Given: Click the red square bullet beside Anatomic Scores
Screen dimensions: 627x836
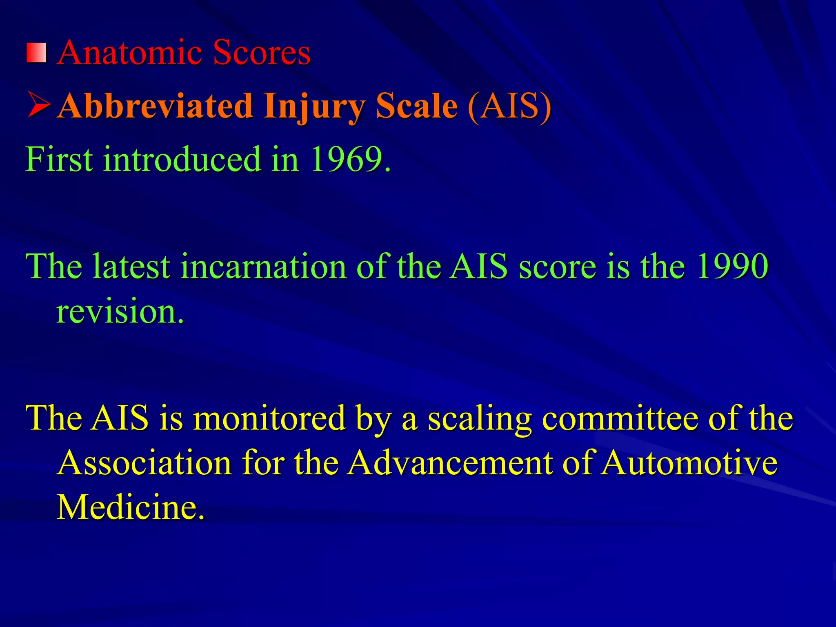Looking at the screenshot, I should tap(37, 53).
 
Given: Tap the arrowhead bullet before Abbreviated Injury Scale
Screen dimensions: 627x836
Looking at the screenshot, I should tap(39, 105).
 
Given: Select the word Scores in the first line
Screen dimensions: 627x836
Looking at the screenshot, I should tap(261, 53).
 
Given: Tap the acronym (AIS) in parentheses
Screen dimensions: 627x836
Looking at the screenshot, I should tap(509, 106).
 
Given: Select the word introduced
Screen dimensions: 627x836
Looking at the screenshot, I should tap(182, 159).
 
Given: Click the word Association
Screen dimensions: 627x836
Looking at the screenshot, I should tap(145, 463).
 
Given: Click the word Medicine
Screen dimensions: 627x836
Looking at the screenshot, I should tap(130, 507).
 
